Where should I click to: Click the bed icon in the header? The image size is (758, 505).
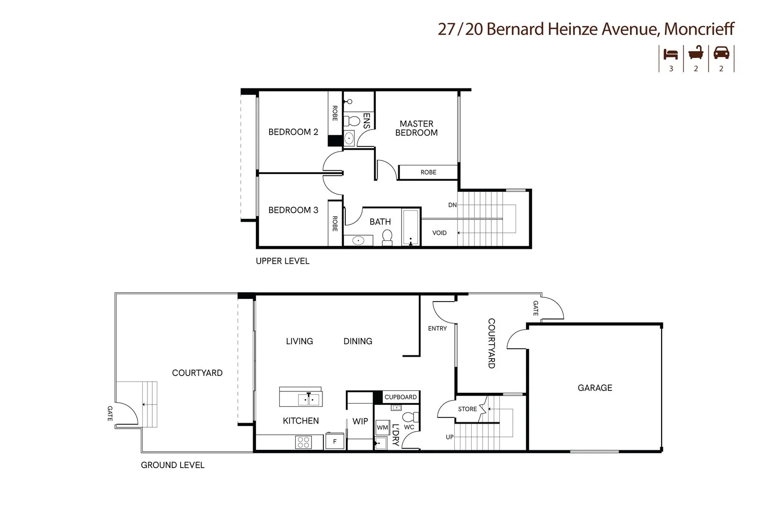click(671, 54)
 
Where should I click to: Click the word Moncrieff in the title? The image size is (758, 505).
click(699, 29)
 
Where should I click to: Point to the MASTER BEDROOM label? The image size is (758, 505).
click(416, 128)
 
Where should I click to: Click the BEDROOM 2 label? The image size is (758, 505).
click(293, 132)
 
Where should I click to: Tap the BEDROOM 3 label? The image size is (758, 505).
click(293, 210)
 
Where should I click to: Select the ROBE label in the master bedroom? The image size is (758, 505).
click(428, 172)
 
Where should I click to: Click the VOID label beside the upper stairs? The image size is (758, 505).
click(439, 233)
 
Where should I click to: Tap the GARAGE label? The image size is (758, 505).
click(595, 388)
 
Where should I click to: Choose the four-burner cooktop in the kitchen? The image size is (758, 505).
click(303, 442)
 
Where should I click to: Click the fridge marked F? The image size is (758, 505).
click(335, 441)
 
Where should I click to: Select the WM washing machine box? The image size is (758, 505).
click(382, 427)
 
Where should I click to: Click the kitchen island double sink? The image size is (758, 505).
click(309, 400)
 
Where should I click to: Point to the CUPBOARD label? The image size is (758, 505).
click(401, 397)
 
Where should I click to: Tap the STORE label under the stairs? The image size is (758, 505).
click(467, 409)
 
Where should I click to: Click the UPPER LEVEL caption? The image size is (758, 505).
click(283, 261)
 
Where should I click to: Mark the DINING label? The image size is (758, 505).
click(358, 341)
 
